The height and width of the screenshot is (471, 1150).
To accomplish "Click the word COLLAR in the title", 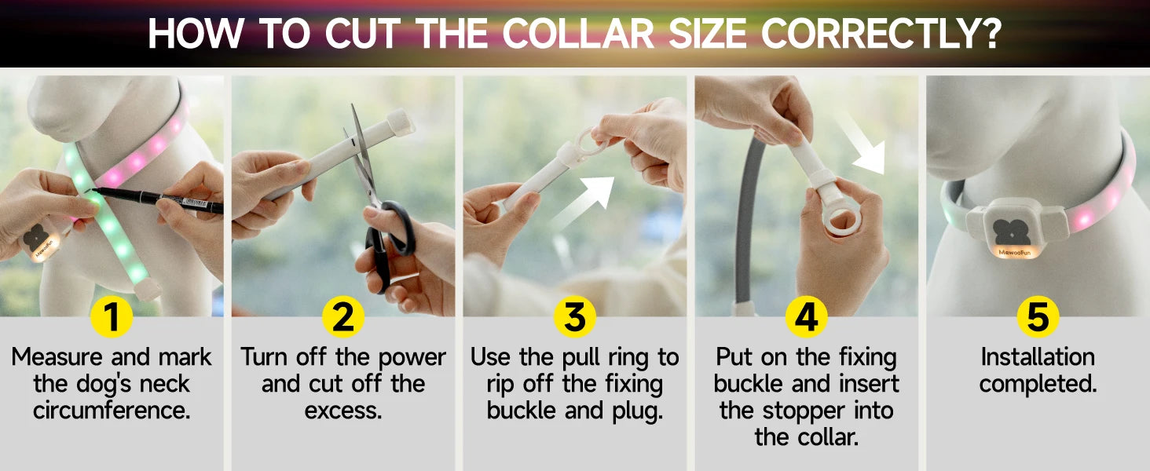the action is click(578, 34).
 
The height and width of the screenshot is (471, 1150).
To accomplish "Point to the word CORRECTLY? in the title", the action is click(881, 34).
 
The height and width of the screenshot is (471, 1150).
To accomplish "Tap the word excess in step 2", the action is click(343, 411).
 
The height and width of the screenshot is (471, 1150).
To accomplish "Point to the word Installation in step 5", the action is click(1038, 356).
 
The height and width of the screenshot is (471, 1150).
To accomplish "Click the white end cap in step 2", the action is click(401, 123).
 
